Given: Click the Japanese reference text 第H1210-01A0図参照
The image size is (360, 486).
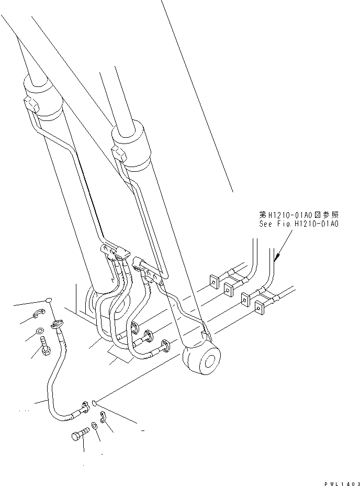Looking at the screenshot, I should [x=299, y=215].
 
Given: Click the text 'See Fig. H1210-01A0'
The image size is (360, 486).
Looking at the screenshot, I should [x=299, y=224].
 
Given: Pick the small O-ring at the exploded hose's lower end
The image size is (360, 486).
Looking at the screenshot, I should [x=93, y=403].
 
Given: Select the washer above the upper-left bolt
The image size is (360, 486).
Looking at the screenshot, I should [x=41, y=331].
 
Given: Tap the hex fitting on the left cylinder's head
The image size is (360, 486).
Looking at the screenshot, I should [x=31, y=104].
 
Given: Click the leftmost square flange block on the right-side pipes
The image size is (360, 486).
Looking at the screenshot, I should [x=213, y=282].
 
